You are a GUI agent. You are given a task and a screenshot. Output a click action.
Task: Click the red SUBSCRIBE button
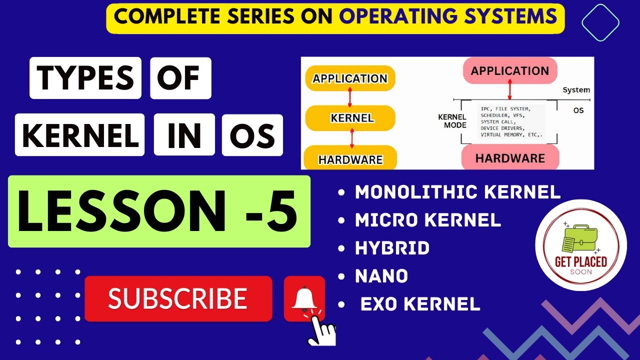[x=178, y=298]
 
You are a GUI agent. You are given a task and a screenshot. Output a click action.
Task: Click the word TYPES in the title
[x=85, y=78]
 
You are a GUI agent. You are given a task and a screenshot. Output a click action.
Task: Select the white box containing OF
[x=180, y=78]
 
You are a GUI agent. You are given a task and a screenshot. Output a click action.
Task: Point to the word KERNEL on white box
[x=80, y=135]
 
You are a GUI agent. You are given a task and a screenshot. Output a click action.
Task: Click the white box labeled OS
[x=252, y=135]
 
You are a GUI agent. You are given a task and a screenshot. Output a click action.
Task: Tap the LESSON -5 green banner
[x=159, y=211]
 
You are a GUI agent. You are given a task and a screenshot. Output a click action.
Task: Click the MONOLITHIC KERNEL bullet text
[x=457, y=192]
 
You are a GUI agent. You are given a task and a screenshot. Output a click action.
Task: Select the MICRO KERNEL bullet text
[x=427, y=220]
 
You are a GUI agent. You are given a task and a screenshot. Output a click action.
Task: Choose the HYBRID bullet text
[x=392, y=248]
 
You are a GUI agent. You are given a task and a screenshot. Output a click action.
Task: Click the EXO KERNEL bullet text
[x=420, y=304]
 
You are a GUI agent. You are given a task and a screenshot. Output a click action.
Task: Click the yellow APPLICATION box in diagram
[x=349, y=78]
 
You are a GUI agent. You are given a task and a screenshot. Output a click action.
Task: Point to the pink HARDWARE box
[x=510, y=158]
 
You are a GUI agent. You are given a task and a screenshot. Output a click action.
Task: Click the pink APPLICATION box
[x=509, y=70]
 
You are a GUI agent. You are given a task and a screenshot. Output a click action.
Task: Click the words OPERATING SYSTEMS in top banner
[x=448, y=16]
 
